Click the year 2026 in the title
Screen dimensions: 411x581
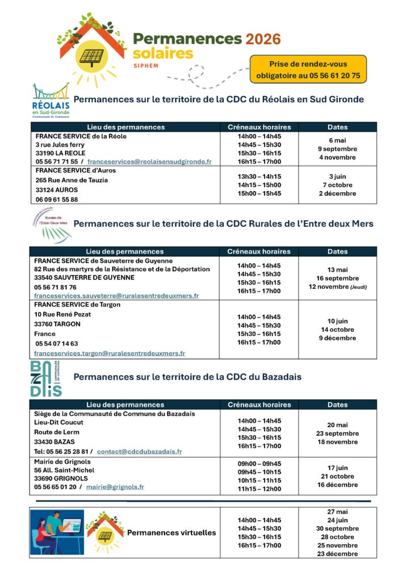click(x=263, y=39)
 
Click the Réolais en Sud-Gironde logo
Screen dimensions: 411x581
click(x=51, y=100)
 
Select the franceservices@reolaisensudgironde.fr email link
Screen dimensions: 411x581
click(x=149, y=162)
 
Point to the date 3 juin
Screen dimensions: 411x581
click(x=337, y=176)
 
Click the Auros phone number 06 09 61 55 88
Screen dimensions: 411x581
click(x=57, y=200)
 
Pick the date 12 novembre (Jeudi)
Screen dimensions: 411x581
click(x=337, y=287)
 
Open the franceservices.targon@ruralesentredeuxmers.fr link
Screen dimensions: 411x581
click(x=110, y=353)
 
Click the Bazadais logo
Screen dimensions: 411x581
click(x=47, y=377)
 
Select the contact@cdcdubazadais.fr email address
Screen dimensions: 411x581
click(x=140, y=452)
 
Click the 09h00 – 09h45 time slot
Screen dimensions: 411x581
click(x=259, y=464)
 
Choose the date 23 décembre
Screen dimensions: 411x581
click(x=337, y=554)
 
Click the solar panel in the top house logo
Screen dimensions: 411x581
click(x=91, y=56)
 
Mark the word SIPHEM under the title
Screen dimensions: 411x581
click(x=146, y=66)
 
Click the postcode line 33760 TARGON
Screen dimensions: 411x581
click(x=57, y=324)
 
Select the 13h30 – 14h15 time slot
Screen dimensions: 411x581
click(x=259, y=176)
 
